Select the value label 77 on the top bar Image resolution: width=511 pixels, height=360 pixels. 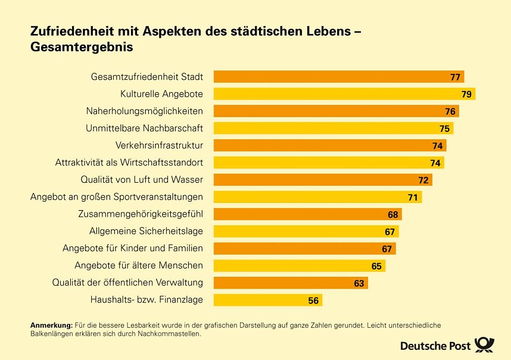pos(456,77)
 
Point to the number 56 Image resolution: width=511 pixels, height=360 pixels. pos(313,301)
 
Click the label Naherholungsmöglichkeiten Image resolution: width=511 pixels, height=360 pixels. pos(145,111)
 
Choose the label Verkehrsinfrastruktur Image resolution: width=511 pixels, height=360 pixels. pos(159,146)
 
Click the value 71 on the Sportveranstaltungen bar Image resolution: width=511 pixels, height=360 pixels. pos(413,198)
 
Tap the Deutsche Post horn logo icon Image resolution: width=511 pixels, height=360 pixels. pos(485,345)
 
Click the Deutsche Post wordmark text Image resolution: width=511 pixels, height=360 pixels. pos(435,346)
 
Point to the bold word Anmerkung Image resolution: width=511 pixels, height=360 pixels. pos(51,325)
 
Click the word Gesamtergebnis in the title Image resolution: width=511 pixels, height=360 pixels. pos(82,46)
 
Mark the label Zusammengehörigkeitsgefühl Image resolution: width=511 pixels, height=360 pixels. pos(141,214)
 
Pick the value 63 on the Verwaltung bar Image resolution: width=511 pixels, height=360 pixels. pos(359,284)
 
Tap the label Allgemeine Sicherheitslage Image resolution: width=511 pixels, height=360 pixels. pos(146,231)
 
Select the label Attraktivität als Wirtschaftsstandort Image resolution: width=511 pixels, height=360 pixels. pos(129,162)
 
